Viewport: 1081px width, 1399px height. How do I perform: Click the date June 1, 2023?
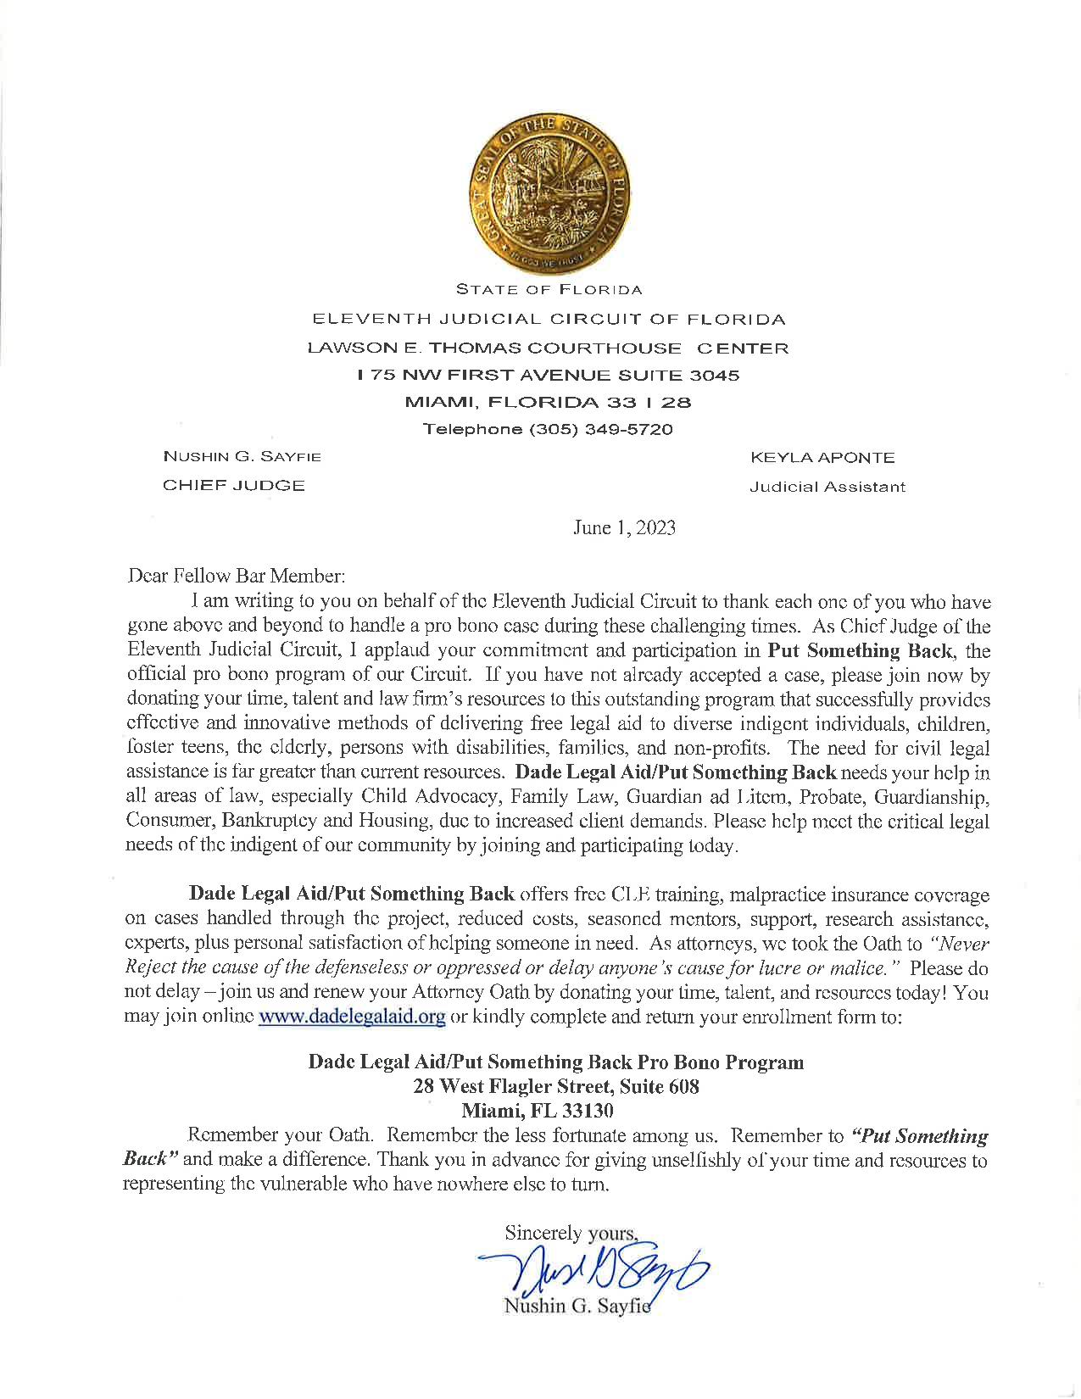click(x=624, y=528)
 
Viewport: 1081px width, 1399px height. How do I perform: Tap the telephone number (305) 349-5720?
click(x=548, y=429)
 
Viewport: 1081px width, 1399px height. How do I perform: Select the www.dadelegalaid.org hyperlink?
click(x=352, y=1017)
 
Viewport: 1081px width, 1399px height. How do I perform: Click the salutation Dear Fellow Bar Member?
click(x=235, y=577)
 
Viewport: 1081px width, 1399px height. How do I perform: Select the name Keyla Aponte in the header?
click(x=822, y=458)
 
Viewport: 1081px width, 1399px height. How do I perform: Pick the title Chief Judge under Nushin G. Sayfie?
click(x=234, y=486)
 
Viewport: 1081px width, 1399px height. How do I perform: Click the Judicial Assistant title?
click(x=827, y=488)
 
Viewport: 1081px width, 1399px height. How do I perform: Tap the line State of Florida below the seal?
click(x=549, y=289)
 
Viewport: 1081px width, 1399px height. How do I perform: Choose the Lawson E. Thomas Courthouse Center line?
click(x=549, y=348)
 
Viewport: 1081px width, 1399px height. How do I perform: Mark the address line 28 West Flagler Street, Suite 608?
click(x=556, y=1086)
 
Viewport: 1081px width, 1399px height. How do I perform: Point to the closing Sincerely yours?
click(x=570, y=1232)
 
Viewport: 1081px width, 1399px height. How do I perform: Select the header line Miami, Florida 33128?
click(x=549, y=402)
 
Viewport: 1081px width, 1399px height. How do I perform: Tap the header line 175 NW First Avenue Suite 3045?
click(x=549, y=375)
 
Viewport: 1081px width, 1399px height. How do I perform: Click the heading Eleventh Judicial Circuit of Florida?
click(x=549, y=320)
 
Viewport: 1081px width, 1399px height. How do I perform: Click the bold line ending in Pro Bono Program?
click(x=556, y=1062)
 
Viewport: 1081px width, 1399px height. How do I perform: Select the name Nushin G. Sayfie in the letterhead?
click(x=242, y=457)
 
